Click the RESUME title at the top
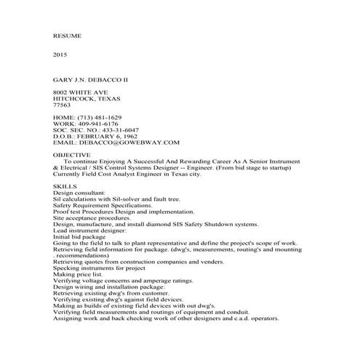[x=68, y=35]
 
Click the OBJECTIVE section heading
[x=72, y=156]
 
